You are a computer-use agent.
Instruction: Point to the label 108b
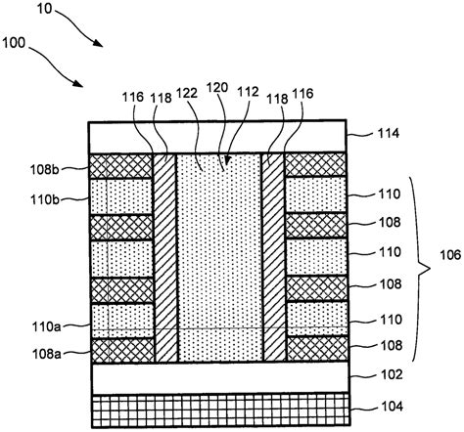click(47, 167)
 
